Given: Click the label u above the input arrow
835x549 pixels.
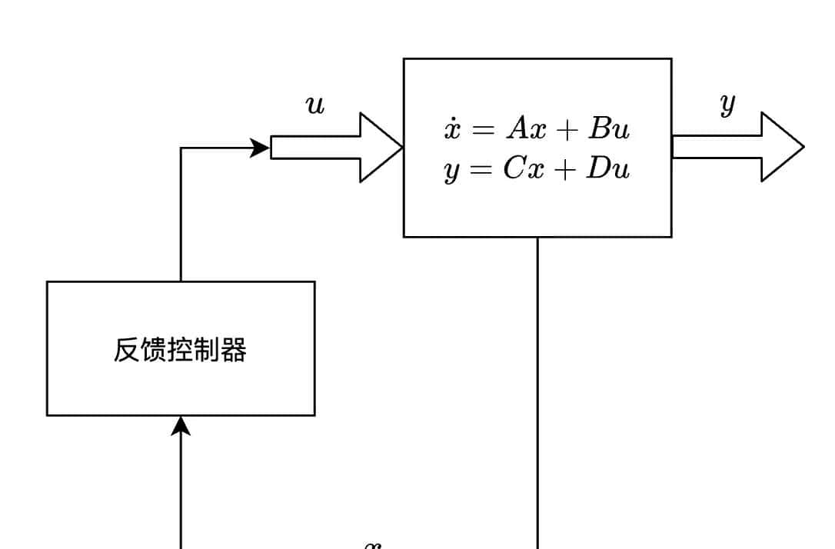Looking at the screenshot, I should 315,105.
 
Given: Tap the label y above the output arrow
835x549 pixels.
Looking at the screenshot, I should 727,104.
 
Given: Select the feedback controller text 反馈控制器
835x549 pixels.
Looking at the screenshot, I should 180,350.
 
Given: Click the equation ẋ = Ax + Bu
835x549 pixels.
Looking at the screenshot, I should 537,128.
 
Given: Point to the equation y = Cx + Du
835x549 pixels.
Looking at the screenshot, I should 537,169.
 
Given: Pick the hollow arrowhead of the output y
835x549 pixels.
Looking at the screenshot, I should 782,147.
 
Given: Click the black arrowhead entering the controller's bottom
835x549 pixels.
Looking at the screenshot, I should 181,425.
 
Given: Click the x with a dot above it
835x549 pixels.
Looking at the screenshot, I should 452,128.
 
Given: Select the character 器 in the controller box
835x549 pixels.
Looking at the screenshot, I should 234,350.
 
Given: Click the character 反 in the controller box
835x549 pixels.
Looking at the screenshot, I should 126,350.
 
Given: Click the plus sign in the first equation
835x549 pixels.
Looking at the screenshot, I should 568,130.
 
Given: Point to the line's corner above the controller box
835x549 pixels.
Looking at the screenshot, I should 181,148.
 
